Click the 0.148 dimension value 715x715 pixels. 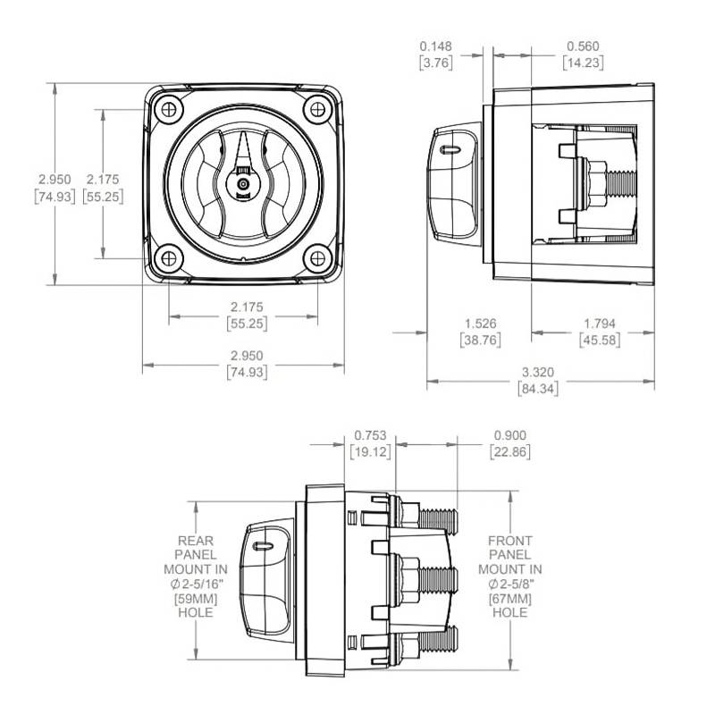click(437, 46)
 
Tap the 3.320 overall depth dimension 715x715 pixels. click(536, 372)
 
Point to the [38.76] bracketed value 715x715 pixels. click(482, 340)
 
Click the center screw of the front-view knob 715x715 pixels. click(242, 184)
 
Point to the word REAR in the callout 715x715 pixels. click(196, 541)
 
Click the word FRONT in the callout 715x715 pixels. click(510, 541)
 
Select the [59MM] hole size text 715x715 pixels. click(196, 598)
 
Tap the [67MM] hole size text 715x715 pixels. click(510, 598)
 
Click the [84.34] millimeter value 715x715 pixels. click(536, 388)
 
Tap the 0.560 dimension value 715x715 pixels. click(582, 46)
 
